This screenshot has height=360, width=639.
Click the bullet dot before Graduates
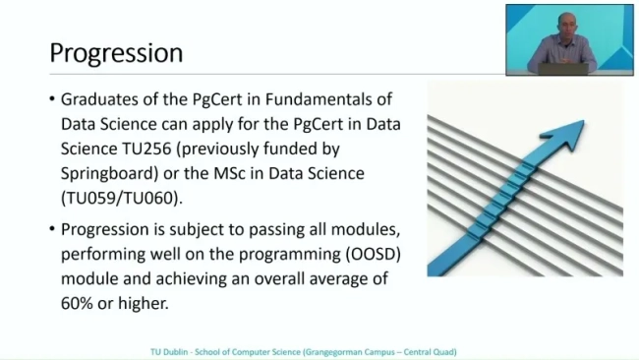[52, 100]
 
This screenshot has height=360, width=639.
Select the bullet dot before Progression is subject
[52, 230]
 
